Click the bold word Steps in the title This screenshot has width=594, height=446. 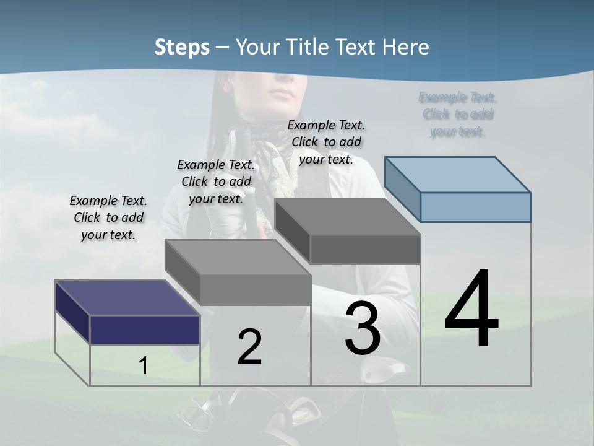tap(182, 47)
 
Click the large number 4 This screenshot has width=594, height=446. tap(471, 310)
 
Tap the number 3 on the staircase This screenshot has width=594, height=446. tap(363, 328)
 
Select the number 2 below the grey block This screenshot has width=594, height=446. tap(249, 347)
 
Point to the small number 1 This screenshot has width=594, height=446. tap(144, 366)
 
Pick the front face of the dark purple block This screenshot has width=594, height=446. tap(145, 330)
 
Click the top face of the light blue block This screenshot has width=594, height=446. tap(458, 174)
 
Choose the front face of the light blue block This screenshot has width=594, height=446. tap(475, 207)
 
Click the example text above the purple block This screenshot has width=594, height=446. tap(108, 217)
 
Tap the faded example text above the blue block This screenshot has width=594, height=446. tap(458, 115)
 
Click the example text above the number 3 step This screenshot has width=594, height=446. tap(327, 142)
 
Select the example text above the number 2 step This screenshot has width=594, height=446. tap(216, 181)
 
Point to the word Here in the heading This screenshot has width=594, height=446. tap(406, 47)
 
